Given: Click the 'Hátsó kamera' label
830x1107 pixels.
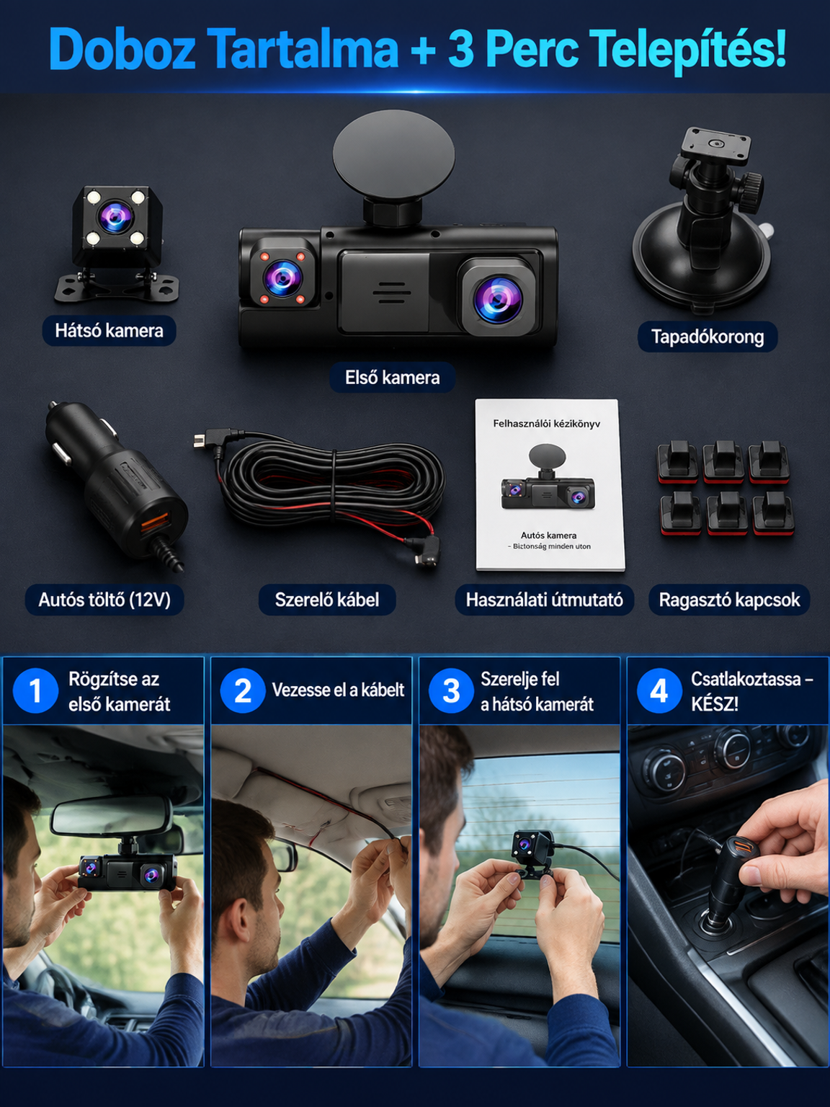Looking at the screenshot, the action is coord(109,331).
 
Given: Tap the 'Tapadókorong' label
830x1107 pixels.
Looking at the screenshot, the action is coord(708,337).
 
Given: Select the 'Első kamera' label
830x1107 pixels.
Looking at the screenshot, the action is coord(392,377).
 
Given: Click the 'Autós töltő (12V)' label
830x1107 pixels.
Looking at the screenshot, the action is coord(104,600).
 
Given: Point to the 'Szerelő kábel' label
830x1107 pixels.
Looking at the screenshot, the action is coord(327,600).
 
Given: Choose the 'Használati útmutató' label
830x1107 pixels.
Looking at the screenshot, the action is coord(544,600).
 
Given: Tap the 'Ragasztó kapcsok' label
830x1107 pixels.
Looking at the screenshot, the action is coord(729,600).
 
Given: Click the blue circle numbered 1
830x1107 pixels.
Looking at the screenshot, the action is coord(35,691).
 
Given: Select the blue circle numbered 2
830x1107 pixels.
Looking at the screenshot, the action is coord(242,691).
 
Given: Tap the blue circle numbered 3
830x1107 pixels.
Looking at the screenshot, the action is coord(451,691).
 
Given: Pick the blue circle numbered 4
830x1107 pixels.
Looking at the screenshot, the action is coord(659,691).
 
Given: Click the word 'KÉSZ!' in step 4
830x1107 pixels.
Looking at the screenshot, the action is coord(715,704).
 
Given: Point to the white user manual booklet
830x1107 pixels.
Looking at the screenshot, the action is coord(550,485).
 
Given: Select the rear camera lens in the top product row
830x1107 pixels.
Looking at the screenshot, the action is coord(116,217).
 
